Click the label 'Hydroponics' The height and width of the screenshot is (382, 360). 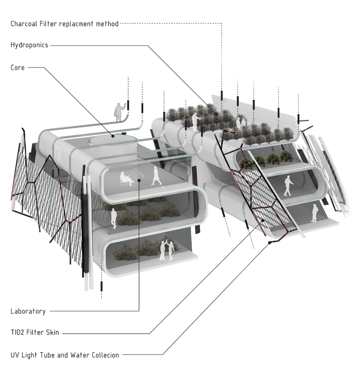point(29,45)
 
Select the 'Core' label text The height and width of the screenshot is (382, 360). point(18,67)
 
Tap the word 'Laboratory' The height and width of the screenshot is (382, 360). point(28,311)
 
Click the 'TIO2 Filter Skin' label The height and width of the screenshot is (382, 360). point(35,332)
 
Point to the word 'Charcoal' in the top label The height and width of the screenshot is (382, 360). point(24,24)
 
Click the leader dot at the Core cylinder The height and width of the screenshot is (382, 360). point(112,136)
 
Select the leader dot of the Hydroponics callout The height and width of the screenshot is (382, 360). point(216,114)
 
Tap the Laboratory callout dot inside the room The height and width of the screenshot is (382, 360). point(139,180)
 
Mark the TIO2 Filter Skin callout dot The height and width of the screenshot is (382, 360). point(263,220)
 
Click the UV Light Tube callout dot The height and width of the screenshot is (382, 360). point(269,243)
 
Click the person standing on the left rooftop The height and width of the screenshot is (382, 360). point(120,112)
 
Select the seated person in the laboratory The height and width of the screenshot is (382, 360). point(126,179)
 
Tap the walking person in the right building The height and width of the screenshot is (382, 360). point(288,186)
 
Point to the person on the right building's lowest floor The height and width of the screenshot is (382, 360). point(314,213)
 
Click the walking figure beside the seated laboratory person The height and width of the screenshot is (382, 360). point(156,176)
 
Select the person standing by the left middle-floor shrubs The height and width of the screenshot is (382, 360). point(113,218)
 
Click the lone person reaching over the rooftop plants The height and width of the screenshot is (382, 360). point(196,122)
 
